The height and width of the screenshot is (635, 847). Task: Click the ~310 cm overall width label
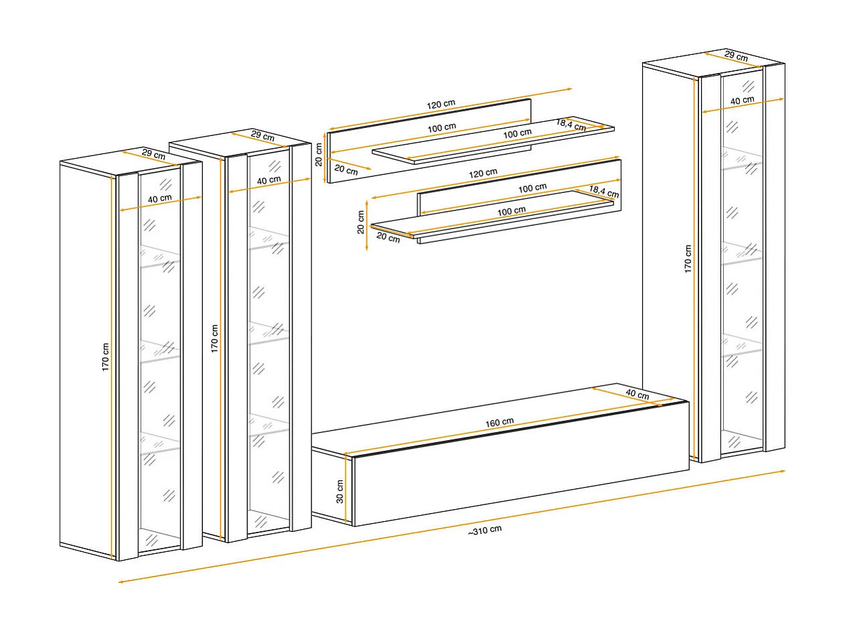(485, 531)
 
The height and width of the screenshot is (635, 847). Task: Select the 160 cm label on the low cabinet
(499, 422)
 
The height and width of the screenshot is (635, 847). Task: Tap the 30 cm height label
(339, 492)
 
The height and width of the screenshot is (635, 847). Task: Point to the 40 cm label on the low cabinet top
(637, 394)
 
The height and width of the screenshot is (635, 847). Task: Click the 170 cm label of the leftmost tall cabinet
(105, 357)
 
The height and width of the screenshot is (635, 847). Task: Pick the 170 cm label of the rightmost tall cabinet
(688, 259)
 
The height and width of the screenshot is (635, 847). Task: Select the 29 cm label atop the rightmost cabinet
(736, 56)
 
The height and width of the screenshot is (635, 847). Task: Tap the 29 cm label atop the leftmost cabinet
(153, 154)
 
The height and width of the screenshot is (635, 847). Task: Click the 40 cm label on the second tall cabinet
(269, 180)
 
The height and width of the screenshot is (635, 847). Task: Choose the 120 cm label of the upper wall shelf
(441, 104)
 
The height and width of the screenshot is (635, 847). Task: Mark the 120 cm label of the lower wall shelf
(483, 173)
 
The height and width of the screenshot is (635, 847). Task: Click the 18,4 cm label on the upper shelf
(570, 125)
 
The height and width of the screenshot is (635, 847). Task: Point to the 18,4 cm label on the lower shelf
(604, 192)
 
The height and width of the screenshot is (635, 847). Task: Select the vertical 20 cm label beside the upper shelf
(318, 155)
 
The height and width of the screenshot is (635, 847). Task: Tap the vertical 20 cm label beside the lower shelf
(360, 222)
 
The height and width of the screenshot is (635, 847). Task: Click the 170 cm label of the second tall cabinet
(214, 338)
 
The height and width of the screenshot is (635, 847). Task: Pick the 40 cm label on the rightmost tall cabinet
(742, 100)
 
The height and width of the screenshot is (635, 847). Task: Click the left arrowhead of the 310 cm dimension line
(121, 581)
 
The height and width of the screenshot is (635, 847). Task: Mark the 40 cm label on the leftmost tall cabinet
(160, 198)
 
